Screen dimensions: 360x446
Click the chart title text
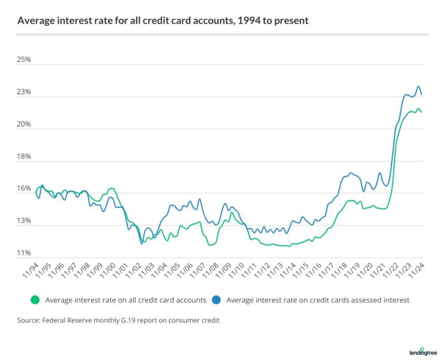(163, 20)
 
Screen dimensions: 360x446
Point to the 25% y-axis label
(24, 60)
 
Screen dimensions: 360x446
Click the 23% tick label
(24, 93)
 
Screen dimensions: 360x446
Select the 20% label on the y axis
(24, 125)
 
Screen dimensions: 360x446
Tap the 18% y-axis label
(24, 157)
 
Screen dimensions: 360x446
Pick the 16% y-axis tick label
(24, 189)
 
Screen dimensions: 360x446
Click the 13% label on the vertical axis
(24, 221)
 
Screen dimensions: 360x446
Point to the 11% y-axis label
(24, 254)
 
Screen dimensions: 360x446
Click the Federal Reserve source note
(119, 321)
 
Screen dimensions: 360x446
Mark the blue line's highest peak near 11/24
(418, 87)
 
